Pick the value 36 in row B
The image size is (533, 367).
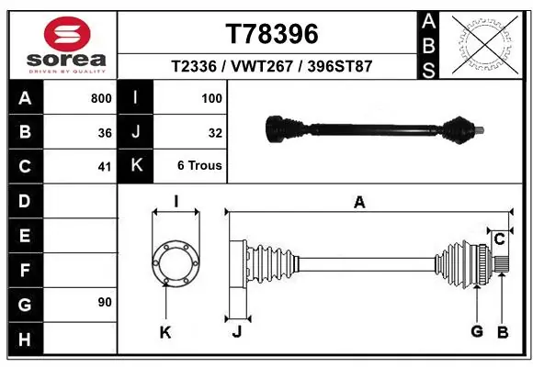[105, 133]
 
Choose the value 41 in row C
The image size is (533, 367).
[105, 167]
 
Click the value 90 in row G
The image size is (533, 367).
[105, 302]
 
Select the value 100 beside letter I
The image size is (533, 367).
[210, 98]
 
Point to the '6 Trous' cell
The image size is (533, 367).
[199, 166]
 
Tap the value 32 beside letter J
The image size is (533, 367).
[215, 133]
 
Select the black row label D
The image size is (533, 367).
[24, 200]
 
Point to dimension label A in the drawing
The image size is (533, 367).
[359, 203]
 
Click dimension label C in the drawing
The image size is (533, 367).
[499, 239]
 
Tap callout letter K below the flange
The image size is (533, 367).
[165, 332]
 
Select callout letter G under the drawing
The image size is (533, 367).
[477, 331]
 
